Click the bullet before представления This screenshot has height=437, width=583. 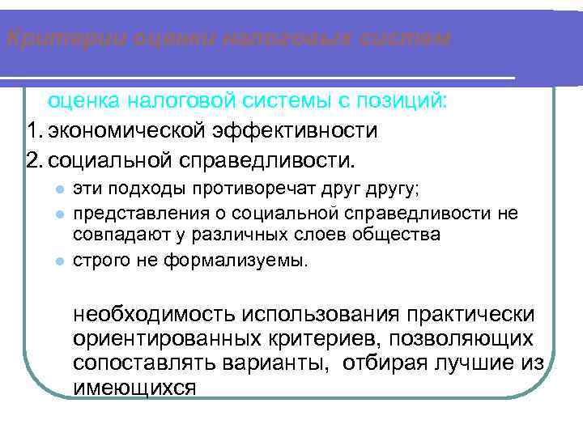coord(59,214)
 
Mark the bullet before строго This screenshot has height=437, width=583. coord(59,261)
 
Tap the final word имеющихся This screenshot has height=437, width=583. coord(134,387)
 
